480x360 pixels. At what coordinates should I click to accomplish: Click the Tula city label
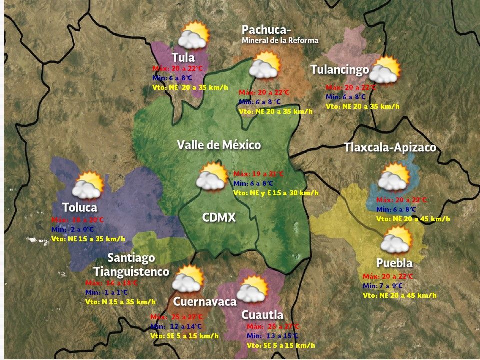tap(183, 57)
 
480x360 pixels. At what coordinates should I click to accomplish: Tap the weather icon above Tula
tap(194, 35)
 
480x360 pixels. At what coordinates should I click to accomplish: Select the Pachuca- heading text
tap(266, 30)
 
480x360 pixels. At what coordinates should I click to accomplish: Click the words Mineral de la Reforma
tap(280, 41)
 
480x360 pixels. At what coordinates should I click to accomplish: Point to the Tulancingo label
tap(339, 69)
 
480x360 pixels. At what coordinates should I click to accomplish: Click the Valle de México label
tap(219, 145)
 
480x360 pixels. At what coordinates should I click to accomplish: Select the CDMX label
tap(219, 218)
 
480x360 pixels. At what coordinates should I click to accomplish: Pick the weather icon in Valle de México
tap(212, 176)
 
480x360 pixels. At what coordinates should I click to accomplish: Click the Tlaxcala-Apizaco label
tap(390, 148)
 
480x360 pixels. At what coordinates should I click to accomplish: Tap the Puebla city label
tap(394, 263)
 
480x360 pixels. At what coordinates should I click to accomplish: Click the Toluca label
tap(80, 207)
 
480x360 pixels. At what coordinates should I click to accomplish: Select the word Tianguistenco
tap(131, 272)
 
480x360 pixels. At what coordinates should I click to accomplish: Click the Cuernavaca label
tap(205, 302)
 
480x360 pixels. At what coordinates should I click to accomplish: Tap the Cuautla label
tap(262, 315)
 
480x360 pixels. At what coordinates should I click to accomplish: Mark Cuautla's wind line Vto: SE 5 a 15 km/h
tap(281, 345)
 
